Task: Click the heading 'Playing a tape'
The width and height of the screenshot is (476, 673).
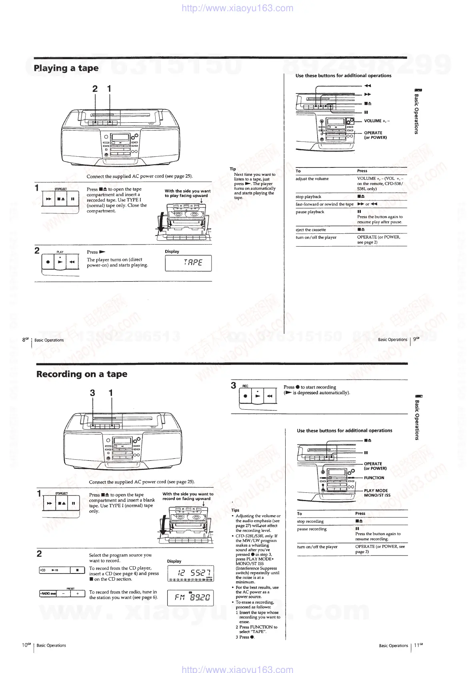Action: click(x=66, y=68)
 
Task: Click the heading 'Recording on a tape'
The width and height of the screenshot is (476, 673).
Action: click(x=82, y=374)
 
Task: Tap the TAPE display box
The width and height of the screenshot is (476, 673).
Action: click(x=188, y=263)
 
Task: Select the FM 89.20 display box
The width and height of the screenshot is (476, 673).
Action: click(x=190, y=598)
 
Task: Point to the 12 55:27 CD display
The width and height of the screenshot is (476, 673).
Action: click(x=190, y=573)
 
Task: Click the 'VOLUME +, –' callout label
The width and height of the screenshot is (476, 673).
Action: click(x=376, y=121)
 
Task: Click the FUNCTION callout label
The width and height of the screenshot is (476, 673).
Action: click(x=374, y=478)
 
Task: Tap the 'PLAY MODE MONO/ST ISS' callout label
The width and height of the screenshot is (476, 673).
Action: click(x=377, y=493)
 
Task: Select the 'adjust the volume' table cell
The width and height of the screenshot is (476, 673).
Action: click(x=312, y=179)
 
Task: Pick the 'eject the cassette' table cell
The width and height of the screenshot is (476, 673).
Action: click(x=311, y=230)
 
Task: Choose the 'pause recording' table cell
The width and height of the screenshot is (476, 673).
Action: click(x=312, y=529)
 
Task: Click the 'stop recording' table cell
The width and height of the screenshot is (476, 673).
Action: click(x=310, y=522)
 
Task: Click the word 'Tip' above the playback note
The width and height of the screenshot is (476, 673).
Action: click(x=233, y=169)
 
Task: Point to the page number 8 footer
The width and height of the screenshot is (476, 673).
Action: click(x=26, y=340)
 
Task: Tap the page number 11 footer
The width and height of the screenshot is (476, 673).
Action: click(x=418, y=645)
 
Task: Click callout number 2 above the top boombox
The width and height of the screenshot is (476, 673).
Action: click(x=95, y=89)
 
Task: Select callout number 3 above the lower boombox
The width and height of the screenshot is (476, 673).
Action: click(x=92, y=393)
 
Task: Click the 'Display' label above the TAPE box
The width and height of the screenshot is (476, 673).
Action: click(x=172, y=252)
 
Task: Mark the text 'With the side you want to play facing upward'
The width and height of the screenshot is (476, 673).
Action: click(x=188, y=193)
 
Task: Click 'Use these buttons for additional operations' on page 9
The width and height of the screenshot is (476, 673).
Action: click(x=343, y=76)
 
